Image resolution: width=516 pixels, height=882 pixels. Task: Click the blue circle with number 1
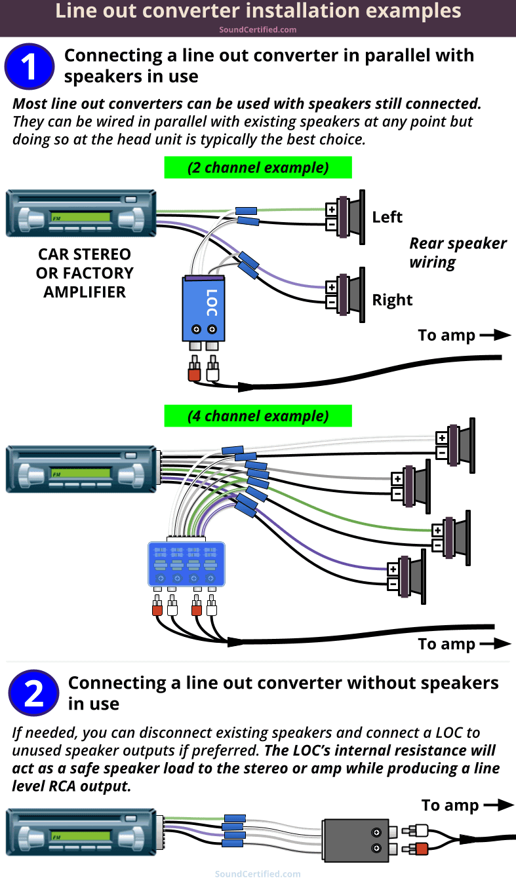click(x=30, y=66)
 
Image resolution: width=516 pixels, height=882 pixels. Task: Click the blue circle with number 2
click(x=33, y=693)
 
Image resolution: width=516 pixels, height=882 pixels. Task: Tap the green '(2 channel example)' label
click(x=258, y=167)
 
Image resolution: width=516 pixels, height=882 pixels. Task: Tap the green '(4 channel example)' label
click(x=258, y=416)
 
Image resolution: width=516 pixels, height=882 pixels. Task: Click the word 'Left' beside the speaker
click(x=387, y=217)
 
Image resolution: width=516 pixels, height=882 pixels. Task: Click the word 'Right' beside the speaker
click(x=392, y=300)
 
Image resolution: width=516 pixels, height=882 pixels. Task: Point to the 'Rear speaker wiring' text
click(x=458, y=253)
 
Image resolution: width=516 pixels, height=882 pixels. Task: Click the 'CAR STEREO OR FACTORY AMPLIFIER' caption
click(x=85, y=273)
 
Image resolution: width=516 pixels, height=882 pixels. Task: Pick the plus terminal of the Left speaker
click(x=332, y=210)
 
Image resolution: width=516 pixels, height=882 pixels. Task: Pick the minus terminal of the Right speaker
click(x=332, y=302)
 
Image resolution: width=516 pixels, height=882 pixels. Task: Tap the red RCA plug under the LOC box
click(x=193, y=374)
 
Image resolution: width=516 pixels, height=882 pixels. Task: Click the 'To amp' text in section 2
click(x=450, y=805)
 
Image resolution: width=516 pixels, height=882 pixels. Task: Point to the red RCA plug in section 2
click(x=420, y=849)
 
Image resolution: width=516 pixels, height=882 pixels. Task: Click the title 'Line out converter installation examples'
click(x=258, y=11)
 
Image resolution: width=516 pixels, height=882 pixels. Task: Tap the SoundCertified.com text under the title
click(x=258, y=29)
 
